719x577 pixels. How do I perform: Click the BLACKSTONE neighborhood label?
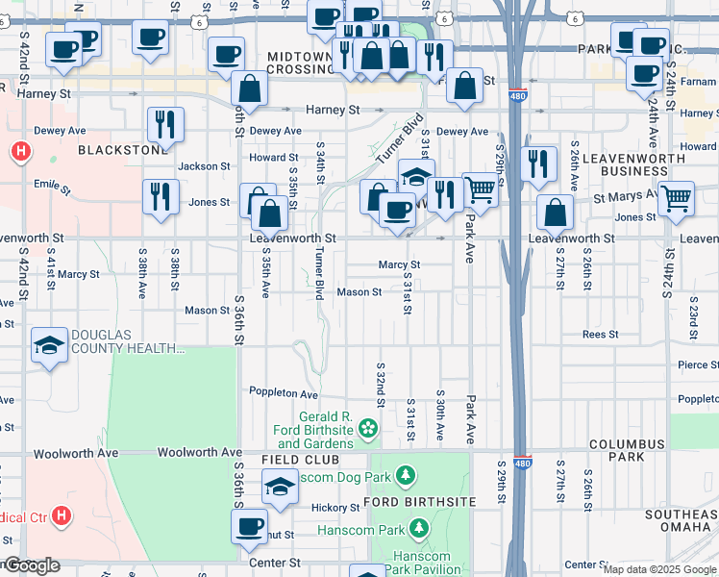click(x=110, y=150)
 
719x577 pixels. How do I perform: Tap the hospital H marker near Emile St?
click(x=19, y=152)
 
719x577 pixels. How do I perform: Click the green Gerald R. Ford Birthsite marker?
click(x=366, y=427)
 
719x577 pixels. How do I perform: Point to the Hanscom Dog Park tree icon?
click(x=406, y=475)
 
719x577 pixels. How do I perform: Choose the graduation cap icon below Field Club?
click(x=280, y=487)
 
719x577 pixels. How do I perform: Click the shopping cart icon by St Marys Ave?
click(x=677, y=198)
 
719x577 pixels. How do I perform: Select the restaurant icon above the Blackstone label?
click(x=164, y=124)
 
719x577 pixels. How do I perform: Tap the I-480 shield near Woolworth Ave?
click(x=522, y=464)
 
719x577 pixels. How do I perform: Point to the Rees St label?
click(x=600, y=335)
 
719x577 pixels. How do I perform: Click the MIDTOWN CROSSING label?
click(x=286, y=63)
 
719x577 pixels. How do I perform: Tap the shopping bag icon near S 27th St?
click(x=555, y=213)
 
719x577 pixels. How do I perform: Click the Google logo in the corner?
click(x=31, y=565)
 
